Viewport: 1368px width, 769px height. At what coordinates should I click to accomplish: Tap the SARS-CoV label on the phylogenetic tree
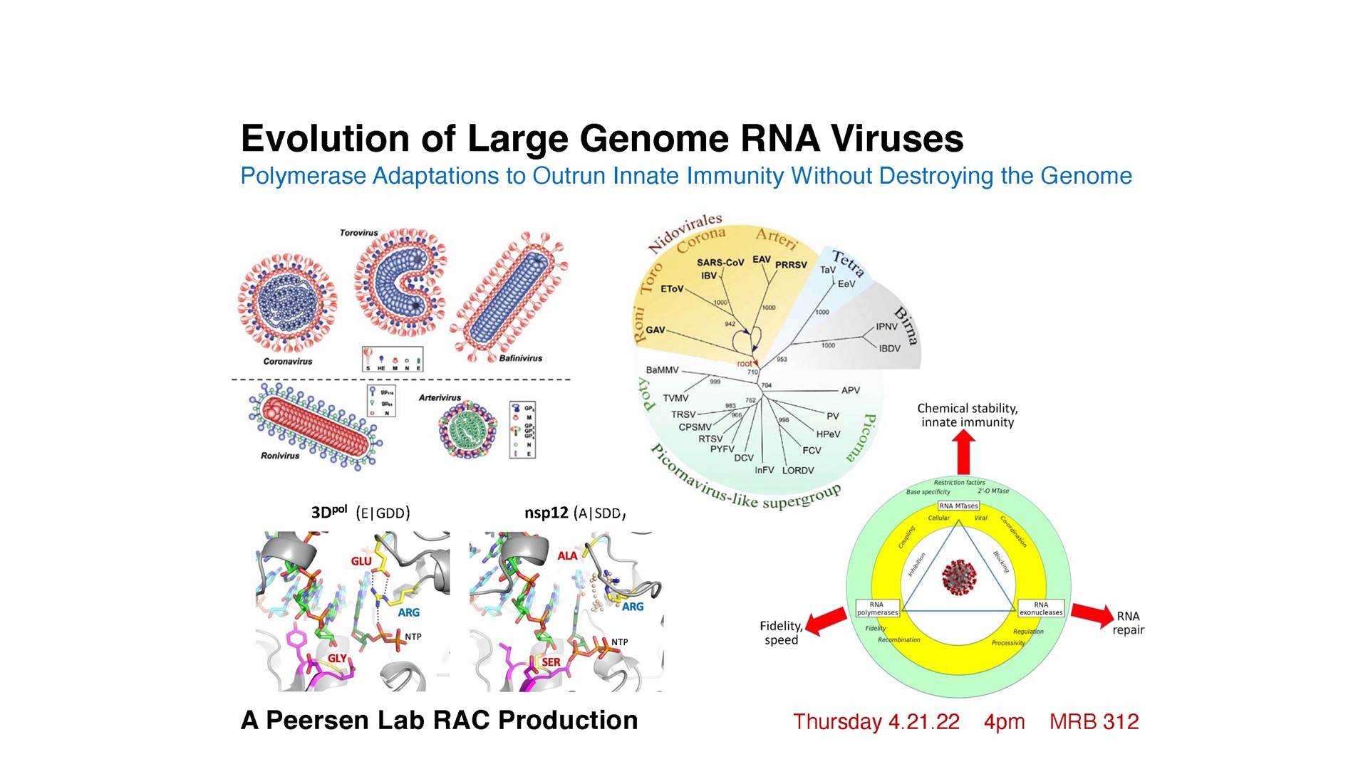720,263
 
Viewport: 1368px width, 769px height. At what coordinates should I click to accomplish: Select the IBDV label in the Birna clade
889,348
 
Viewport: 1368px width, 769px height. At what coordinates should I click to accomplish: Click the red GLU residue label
361,561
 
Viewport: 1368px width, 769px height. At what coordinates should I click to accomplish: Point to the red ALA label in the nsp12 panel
567,555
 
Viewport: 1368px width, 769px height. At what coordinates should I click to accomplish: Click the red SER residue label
551,661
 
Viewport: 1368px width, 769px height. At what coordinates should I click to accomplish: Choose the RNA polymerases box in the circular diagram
877,609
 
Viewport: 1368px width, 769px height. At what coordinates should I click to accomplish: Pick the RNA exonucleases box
1040,609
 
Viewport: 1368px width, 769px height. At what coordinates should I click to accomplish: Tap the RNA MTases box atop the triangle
958,506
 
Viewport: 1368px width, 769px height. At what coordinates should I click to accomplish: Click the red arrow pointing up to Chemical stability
963,453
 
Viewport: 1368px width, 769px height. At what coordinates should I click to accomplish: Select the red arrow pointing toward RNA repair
1092,614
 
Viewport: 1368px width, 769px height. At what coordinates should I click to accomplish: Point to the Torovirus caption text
358,233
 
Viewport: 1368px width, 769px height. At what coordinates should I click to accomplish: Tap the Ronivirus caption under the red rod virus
280,456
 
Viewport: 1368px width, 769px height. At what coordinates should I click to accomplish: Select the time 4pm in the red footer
1004,722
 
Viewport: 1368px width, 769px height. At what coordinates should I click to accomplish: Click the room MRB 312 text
1094,722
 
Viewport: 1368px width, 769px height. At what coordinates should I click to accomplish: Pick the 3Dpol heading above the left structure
328,512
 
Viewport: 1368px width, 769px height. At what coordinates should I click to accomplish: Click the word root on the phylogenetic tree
744,364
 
